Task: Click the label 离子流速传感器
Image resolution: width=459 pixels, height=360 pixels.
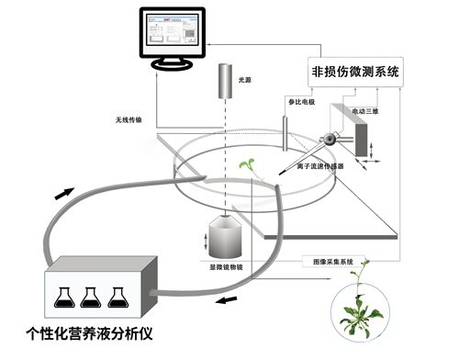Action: tap(320, 166)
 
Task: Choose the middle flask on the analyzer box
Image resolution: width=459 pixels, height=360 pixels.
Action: tap(91, 294)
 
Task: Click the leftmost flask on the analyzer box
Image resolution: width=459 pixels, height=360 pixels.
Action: tap(65, 294)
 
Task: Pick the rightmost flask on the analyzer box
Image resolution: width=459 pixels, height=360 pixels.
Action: tap(117, 294)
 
